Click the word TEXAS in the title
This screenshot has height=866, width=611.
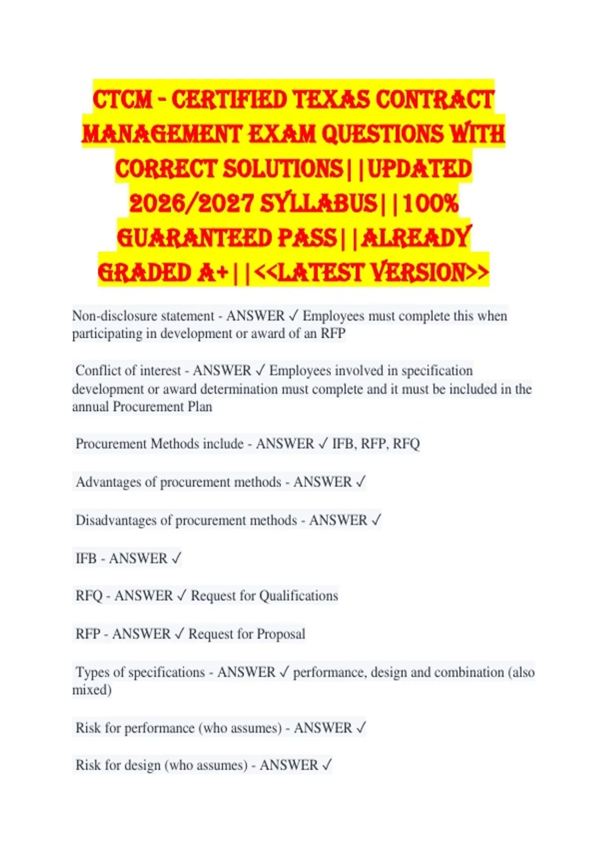pyautogui.click(x=331, y=99)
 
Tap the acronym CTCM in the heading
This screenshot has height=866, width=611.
pyautogui.click(x=122, y=99)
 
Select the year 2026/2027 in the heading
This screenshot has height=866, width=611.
pyautogui.click(x=191, y=204)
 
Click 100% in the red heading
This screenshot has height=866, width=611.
pyautogui.click(x=431, y=204)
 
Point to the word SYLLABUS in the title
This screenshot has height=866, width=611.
pyautogui.click(x=319, y=204)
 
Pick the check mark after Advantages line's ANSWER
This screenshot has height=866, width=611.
pyautogui.click(x=360, y=482)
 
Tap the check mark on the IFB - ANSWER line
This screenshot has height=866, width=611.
pyautogui.click(x=176, y=558)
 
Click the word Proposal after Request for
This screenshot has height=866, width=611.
pyautogui.click(x=281, y=634)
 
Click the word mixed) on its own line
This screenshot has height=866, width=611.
pyautogui.click(x=92, y=690)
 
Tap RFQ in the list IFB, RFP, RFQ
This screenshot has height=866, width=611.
pyautogui.click(x=406, y=444)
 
